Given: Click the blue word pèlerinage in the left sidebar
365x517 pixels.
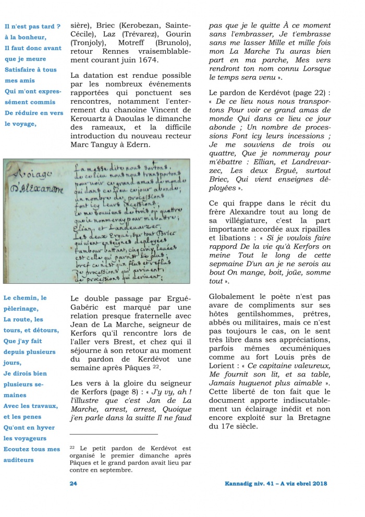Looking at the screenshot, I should [x=25, y=309].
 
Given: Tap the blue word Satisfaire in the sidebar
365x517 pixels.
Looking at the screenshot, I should [x=23, y=69].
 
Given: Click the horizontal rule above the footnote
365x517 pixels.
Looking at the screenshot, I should [x=113, y=434].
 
